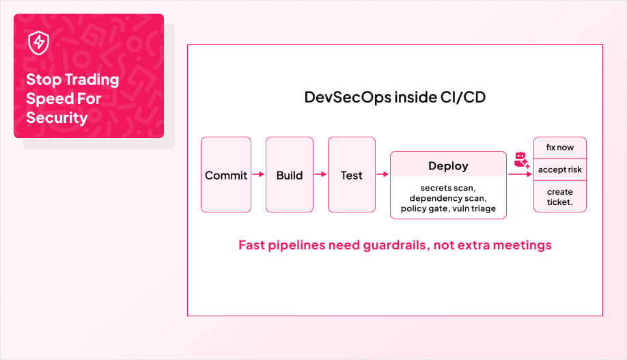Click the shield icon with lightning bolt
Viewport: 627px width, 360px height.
[38, 43]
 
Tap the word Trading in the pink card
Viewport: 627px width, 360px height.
[92, 79]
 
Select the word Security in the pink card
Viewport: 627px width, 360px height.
[57, 117]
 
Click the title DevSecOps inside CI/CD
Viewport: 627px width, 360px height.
[395, 97]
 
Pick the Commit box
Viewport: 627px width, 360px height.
[226, 175]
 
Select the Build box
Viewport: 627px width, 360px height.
[289, 175]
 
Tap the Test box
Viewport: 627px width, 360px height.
[351, 175]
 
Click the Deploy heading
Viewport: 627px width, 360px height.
[448, 166]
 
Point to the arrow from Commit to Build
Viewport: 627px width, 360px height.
[258, 175]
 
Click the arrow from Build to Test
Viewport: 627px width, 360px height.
[320, 175]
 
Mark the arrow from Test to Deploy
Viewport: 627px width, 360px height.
[382, 175]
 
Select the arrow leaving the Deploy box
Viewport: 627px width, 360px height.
[520, 175]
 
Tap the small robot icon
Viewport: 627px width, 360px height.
[521, 160]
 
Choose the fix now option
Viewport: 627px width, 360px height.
[559, 148]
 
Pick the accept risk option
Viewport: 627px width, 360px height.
[559, 169]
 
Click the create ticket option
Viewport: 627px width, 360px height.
[559, 197]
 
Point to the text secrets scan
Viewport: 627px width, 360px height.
[448, 188]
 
